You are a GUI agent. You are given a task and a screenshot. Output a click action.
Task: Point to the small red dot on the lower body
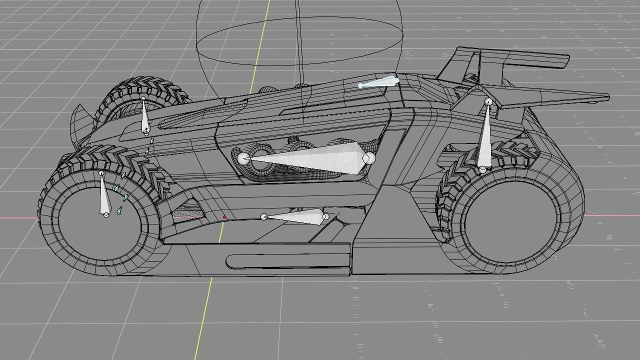click(x=224, y=217)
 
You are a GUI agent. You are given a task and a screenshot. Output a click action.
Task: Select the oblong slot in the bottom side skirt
click(x=287, y=261)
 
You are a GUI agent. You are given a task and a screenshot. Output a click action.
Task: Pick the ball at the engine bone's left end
click(x=243, y=159)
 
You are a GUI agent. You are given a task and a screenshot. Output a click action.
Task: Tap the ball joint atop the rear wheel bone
click(x=488, y=102)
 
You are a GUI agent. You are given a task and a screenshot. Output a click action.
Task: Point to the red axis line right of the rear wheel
click(x=610, y=216)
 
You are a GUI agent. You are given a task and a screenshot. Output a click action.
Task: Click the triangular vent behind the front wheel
click(x=187, y=215)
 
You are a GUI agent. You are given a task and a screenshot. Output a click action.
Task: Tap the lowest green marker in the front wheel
click(x=119, y=210)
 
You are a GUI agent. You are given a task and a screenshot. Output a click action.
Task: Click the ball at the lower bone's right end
click(x=325, y=216)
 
